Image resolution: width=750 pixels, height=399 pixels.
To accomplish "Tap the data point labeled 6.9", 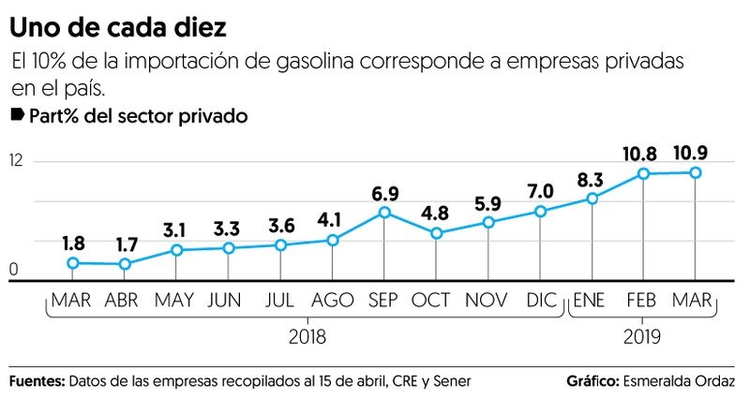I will [384, 213].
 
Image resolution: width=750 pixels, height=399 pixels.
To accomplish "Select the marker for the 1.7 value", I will [125, 264].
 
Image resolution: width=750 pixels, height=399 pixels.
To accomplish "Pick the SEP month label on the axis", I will [384, 301].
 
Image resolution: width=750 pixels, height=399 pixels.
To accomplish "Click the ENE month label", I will [592, 301].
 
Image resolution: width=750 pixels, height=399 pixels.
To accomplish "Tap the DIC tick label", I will [540, 301].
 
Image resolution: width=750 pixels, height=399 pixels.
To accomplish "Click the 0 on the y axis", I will [14, 271].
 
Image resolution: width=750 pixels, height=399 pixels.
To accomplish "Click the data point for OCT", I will [436, 232].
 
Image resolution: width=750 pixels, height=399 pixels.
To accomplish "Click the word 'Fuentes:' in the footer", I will [37, 382].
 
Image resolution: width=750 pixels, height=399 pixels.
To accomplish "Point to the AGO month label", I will [332, 301].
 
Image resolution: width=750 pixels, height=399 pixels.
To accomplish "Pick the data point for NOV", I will [488, 222].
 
